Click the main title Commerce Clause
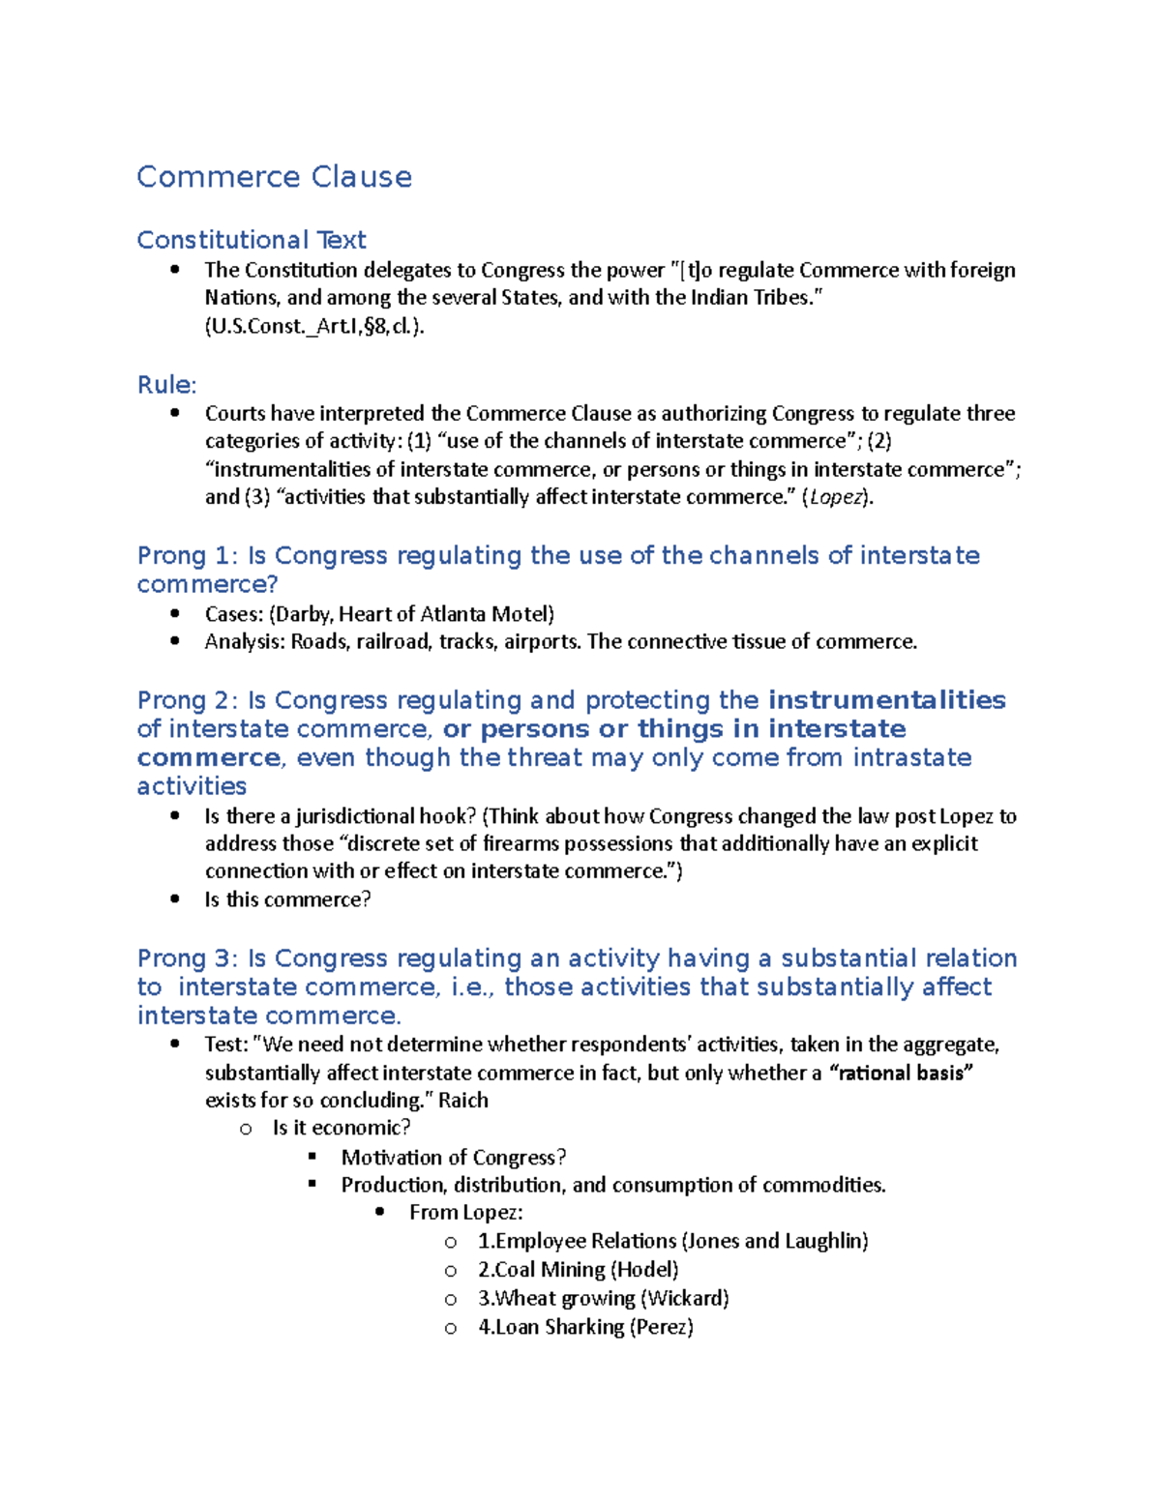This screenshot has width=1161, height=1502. click(x=274, y=177)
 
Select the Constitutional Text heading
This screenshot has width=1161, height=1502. click(x=252, y=240)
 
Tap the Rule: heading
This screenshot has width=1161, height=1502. click(x=166, y=385)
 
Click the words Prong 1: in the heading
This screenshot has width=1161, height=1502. click(x=188, y=556)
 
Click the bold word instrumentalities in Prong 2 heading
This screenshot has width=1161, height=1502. click(x=887, y=700)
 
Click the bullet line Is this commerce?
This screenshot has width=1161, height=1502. click(x=287, y=899)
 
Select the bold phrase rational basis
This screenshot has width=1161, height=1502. click(x=902, y=1073)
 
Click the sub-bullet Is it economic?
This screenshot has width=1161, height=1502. click(x=342, y=1128)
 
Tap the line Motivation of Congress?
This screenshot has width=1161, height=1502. click(x=453, y=1158)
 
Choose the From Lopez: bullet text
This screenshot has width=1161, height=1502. click(x=465, y=1213)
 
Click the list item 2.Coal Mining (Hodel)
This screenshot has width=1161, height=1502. click(x=578, y=1270)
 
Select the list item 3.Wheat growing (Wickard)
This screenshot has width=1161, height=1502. click(x=603, y=1298)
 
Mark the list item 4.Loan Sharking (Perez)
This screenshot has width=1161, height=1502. click(x=585, y=1327)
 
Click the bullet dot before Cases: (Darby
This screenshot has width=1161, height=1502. click(x=175, y=613)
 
